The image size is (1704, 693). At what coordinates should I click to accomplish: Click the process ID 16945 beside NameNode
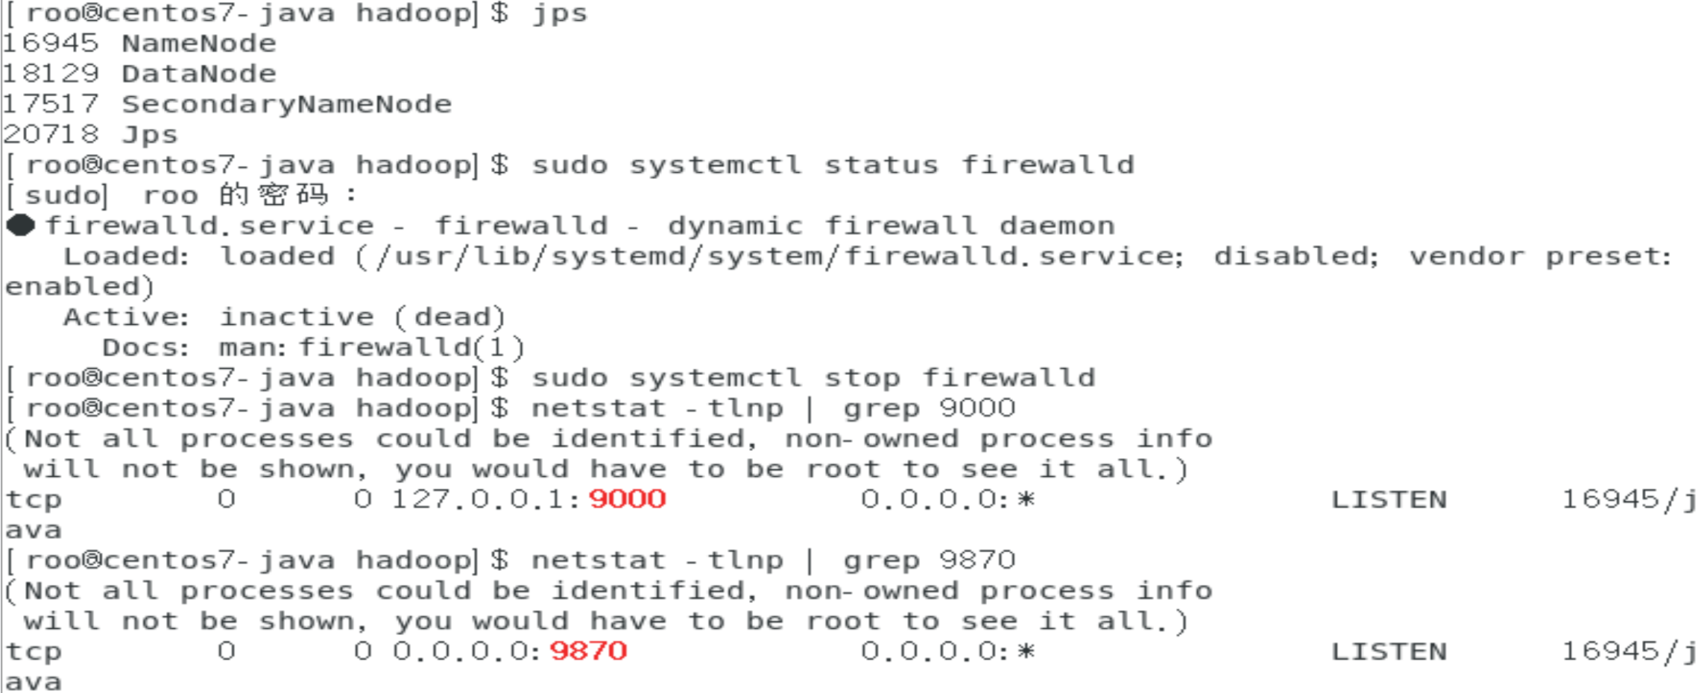click(51, 44)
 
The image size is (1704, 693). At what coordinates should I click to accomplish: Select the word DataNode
click(199, 74)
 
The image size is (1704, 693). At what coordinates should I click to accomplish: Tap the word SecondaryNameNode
click(287, 104)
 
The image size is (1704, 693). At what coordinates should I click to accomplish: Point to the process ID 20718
click(51, 135)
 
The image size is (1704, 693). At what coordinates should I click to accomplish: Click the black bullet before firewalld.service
click(21, 225)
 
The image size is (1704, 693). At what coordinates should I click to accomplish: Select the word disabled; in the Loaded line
click(1296, 256)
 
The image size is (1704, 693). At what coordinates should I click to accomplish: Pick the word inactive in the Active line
click(297, 317)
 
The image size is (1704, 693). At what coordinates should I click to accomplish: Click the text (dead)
click(450, 317)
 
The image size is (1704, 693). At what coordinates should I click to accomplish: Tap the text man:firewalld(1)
click(372, 348)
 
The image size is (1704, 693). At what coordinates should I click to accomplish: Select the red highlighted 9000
click(627, 499)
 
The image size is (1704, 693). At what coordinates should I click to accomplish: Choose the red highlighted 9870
click(588, 651)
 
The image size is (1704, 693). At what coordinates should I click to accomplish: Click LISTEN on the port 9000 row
click(1389, 499)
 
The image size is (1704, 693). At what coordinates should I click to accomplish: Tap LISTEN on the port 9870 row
click(1389, 651)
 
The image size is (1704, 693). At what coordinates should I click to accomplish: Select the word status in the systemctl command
click(881, 165)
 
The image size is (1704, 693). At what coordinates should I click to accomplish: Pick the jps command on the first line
click(560, 14)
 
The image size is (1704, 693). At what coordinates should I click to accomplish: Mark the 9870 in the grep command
click(977, 560)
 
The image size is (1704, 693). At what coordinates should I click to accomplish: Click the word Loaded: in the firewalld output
click(126, 256)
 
